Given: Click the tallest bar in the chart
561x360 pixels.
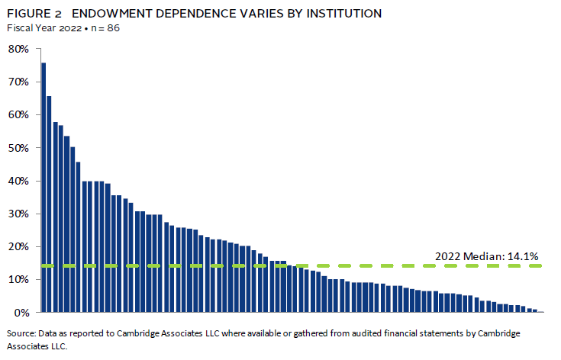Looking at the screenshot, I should [x=44, y=187].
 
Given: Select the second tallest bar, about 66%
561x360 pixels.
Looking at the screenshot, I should [x=49, y=204].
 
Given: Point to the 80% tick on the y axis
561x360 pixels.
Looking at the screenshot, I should [x=18, y=49].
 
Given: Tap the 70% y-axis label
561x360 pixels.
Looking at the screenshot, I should [x=18, y=82].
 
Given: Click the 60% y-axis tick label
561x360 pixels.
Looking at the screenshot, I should [x=18, y=114].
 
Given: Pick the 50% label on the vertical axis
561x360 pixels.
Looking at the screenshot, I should [x=18, y=148].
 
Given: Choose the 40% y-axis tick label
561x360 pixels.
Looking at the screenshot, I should [x=18, y=181].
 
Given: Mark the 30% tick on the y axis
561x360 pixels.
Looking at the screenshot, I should [x=18, y=214].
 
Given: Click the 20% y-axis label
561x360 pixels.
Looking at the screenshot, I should [x=18, y=246].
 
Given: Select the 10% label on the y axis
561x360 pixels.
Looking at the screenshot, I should [x=18, y=279].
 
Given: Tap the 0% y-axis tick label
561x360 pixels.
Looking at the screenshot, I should [x=21, y=313].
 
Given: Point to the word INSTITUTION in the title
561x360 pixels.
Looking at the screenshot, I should [x=342, y=14].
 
